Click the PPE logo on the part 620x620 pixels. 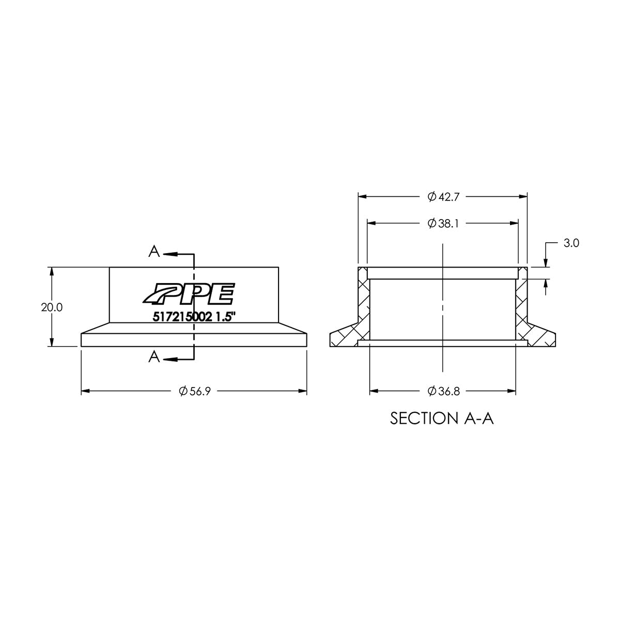click(x=189, y=294)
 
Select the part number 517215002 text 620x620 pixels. click(x=180, y=318)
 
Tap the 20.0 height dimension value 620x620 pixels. click(x=52, y=307)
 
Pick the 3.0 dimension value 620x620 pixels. click(x=572, y=243)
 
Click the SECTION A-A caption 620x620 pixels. click(x=442, y=418)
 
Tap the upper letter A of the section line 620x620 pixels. click(x=154, y=252)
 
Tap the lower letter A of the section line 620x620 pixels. click(x=154, y=357)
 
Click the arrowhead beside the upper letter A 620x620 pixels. click(x=169, y=254)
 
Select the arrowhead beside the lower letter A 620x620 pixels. click(x=169, y=358)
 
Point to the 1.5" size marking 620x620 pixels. click(x=225, y=318)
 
